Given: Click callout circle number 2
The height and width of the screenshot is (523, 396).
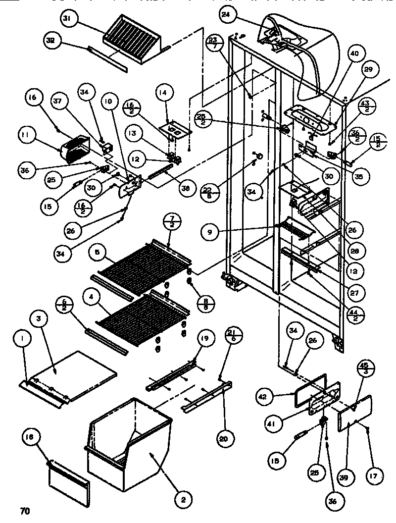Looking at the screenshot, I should pos(183,500).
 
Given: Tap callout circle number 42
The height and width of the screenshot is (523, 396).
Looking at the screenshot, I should pos(264,396).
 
